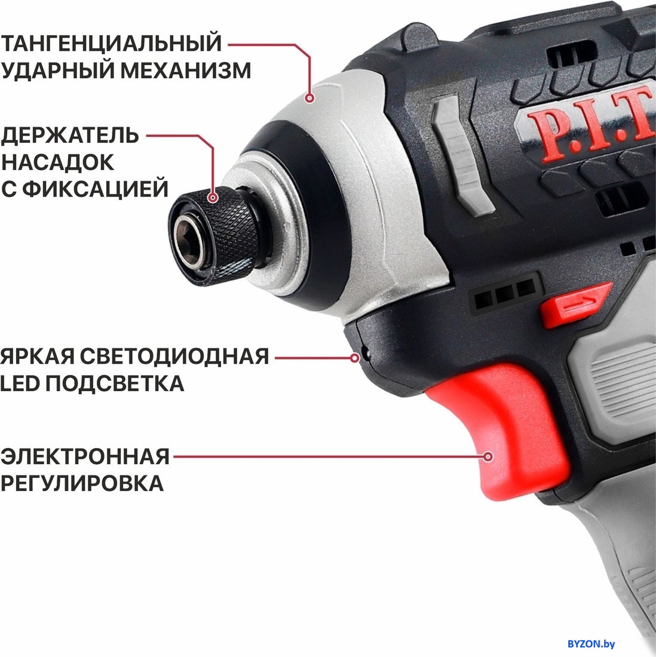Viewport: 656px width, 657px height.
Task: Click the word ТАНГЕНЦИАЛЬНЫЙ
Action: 111,43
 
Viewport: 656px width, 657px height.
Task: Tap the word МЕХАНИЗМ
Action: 186,70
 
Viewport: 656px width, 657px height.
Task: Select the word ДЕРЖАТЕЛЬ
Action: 69,136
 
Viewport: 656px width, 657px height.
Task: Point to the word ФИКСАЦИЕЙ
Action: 95,189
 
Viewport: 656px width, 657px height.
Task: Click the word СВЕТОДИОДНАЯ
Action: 174,356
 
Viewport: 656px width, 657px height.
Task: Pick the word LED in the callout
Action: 20,383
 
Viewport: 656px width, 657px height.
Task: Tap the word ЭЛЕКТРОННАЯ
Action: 85,456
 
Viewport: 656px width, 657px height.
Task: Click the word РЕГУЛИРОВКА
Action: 82,483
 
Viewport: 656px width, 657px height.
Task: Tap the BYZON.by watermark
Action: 591,644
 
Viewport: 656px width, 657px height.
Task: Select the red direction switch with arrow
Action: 574,305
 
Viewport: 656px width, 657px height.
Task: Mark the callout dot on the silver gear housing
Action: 309,98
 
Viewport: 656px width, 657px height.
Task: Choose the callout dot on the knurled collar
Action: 213,197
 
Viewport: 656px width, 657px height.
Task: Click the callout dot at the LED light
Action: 355,358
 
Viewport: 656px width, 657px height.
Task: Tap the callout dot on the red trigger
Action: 488,456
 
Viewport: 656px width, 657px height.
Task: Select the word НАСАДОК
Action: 57,162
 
